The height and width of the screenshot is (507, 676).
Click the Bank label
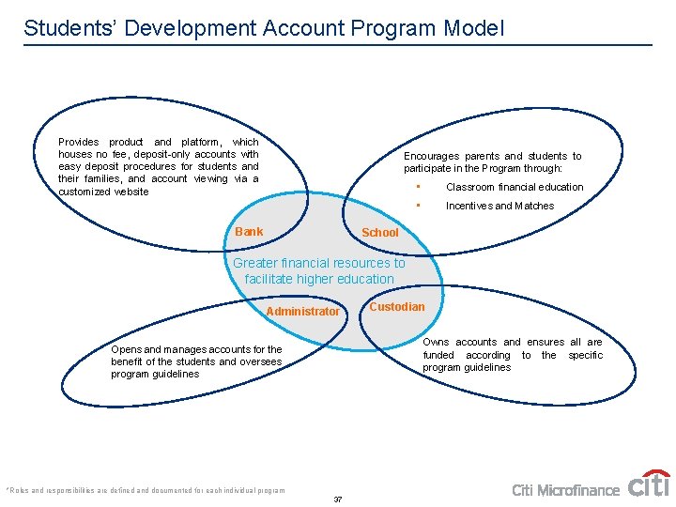(249, 232)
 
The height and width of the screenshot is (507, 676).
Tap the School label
(380, 233)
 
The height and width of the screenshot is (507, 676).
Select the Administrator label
(302, 312)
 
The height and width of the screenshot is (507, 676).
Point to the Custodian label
(396, 307)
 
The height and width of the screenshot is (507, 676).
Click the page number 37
(338, 499)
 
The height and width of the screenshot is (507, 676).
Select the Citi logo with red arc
(649, 484)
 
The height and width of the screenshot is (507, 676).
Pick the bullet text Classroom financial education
(515, 187)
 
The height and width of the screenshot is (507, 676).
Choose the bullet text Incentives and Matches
(499, 206)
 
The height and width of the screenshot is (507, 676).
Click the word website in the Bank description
(131, 192)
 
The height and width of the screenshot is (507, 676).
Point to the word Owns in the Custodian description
(436, 343)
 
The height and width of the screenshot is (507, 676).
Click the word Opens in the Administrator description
(126, 349)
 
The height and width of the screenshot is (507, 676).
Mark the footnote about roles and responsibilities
(145, 490)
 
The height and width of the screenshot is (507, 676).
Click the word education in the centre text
(364, 279)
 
